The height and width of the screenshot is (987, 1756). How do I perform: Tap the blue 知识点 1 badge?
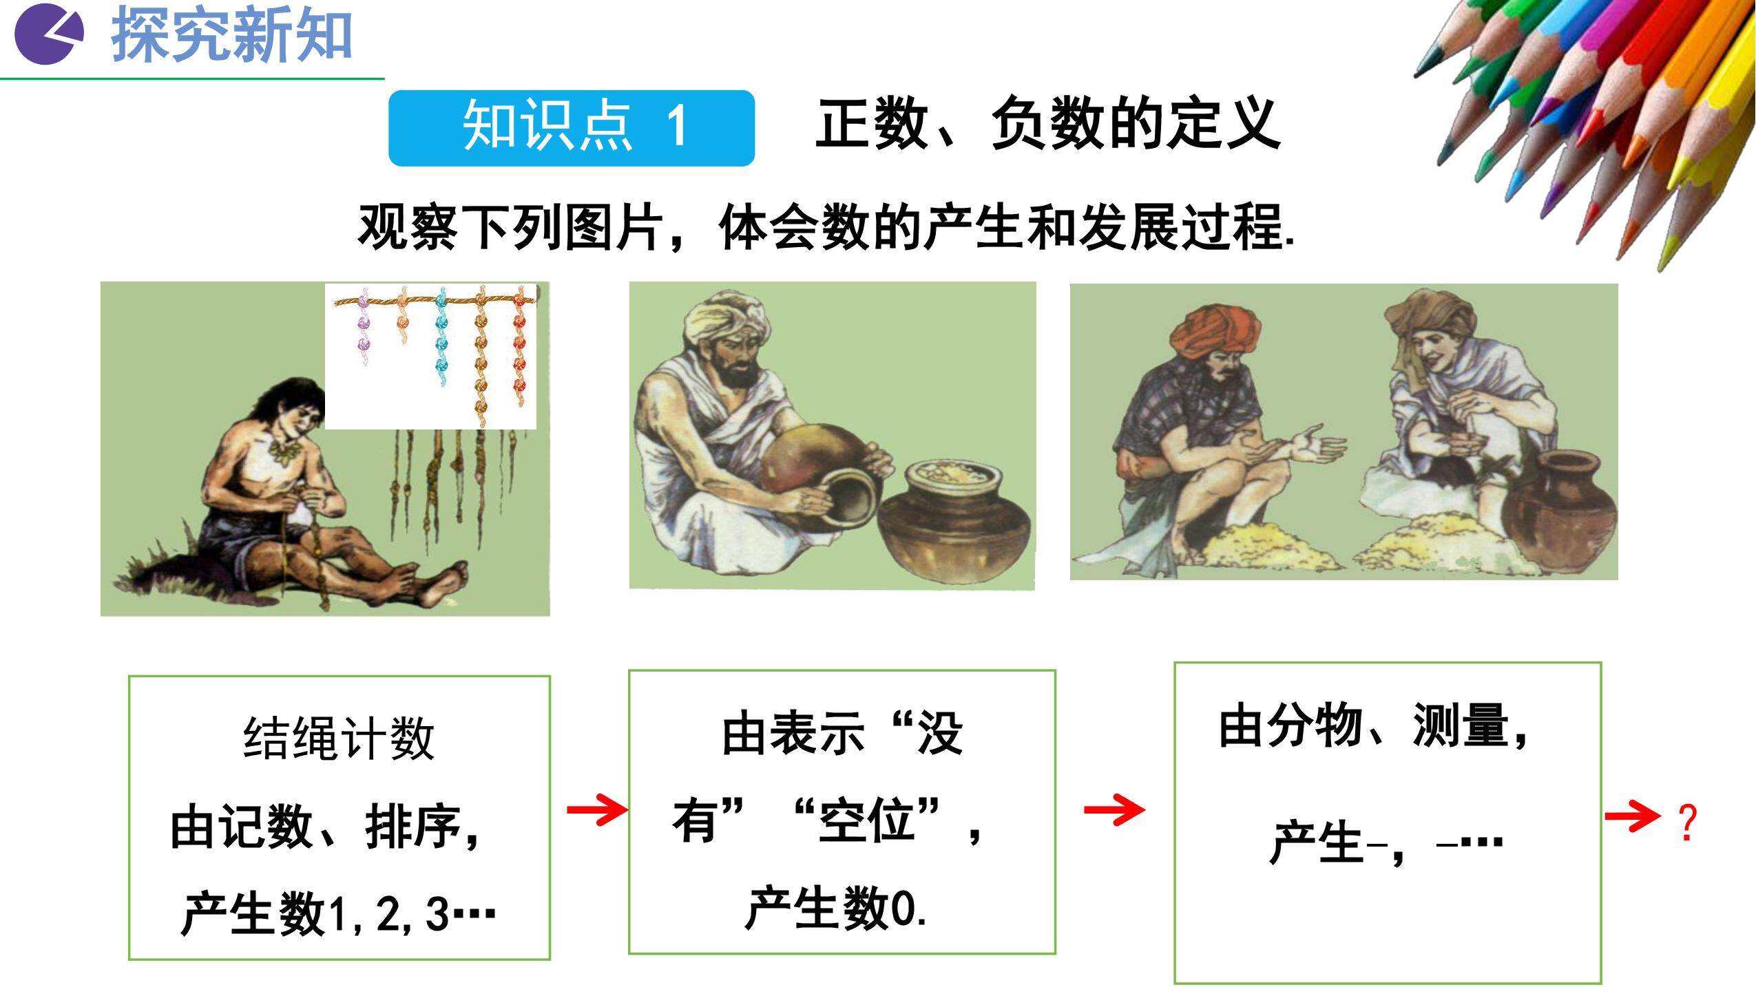572,128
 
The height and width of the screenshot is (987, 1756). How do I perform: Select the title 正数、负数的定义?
1047,125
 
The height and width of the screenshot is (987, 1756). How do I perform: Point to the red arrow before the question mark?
1633,817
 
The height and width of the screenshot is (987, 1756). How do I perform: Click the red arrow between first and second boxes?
597,809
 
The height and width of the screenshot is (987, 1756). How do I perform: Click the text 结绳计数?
339,738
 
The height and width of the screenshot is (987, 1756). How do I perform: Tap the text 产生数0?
835,909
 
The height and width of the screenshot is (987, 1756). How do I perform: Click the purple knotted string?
362,327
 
